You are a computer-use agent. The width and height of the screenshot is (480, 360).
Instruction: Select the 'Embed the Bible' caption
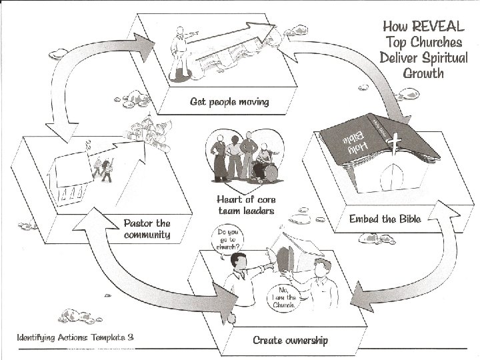[x=385, y=219]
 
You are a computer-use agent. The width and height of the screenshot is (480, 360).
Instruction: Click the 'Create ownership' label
[x=290, y=340]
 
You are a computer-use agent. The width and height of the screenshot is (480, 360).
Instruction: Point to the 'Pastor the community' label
[x=147, y=229]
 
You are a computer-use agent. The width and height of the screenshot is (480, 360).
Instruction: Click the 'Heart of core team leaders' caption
[x=245, y=205]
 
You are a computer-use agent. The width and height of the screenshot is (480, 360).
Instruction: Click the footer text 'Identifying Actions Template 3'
[x=75, y=337]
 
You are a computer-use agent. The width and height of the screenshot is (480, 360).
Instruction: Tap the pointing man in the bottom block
[x=239, y=280]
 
